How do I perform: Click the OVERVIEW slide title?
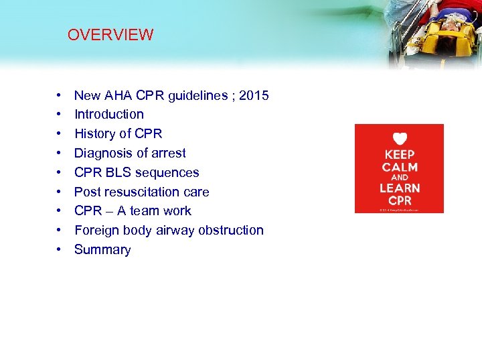[x=110, y=35]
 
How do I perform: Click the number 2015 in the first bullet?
[x=254, y=95]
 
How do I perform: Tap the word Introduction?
[x=108, y=115]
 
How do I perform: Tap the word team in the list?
[x=145, y=210]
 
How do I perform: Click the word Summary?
[x=102, y=249]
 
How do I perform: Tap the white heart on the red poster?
[x=400, y=139]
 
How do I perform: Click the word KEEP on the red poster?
[x=400, y=154]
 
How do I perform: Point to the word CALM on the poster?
[x=400, y=166]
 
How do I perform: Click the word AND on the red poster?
[x=400, y=177]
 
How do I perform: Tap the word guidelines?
[x=198, y=95]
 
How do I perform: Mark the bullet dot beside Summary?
[x=60, y=249]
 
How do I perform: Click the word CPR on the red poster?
[x=400, y=200]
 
